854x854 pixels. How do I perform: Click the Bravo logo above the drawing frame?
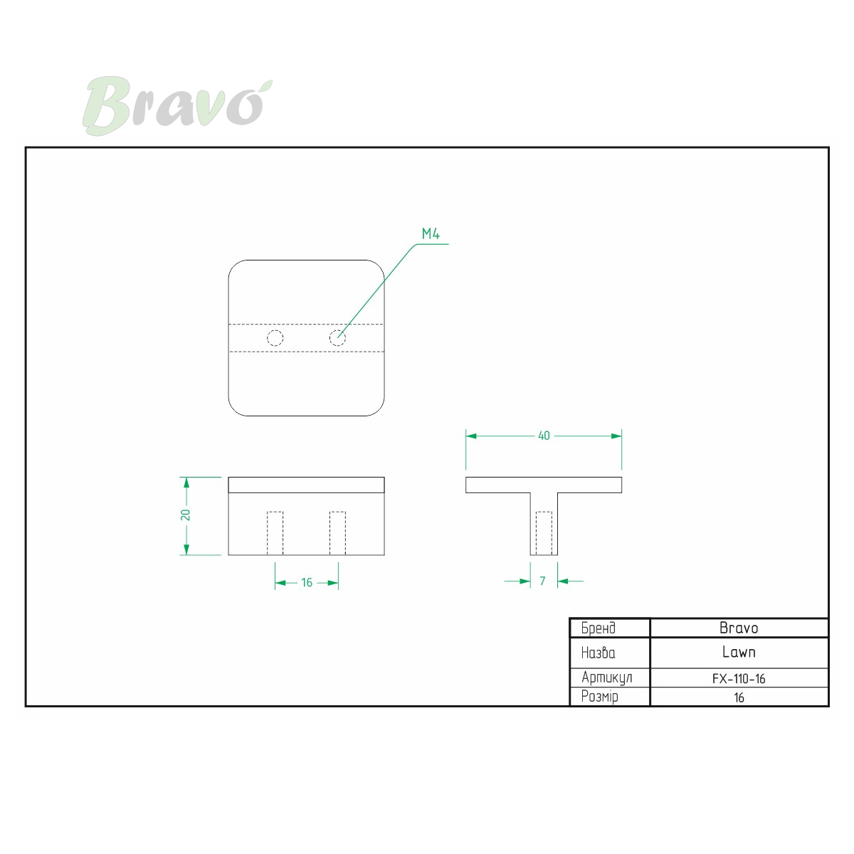(x=177, y=106)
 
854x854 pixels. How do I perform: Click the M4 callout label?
(x=431, y=233)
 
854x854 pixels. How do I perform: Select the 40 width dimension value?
(x=544, y=436)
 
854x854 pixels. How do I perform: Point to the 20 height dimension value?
(x=185, y=515)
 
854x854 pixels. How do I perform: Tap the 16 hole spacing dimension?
(x=307, y=583)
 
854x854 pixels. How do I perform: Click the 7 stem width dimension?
(x=542, y=581)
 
